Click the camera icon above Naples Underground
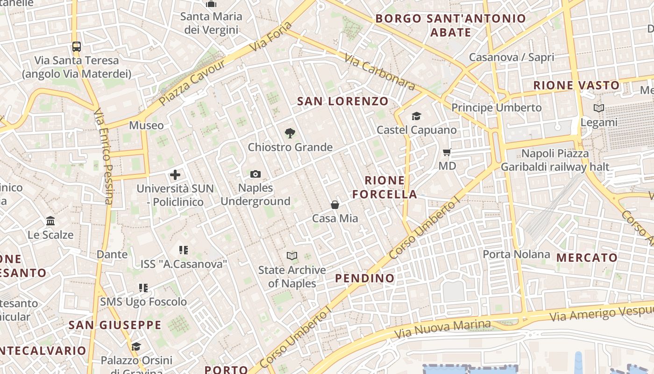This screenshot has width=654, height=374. click(255, 174)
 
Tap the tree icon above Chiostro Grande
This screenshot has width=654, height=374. click(290, 133)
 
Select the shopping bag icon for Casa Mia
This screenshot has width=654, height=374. click(335, 205)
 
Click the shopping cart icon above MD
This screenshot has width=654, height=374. click(447, 152)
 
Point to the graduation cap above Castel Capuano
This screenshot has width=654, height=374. click(416, 116)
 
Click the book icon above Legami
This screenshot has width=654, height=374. click(598, 108)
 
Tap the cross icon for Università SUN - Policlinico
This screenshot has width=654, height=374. click(175, 175)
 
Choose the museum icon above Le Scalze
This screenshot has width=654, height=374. click(50, 221)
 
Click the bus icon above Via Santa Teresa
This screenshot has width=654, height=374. click(77, 47)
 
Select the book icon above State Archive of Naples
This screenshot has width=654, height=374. click(292, 256)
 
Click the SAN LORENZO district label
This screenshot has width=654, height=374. click(343, 101)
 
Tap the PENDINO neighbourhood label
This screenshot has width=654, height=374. click(365, 278)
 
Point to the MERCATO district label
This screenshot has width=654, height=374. click(587, 258)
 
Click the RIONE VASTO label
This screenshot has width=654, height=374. click(576, 86)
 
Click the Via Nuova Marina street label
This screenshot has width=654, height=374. click(442, 329)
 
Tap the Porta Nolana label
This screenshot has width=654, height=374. click(516, 254)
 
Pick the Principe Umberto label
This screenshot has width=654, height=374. click(496, 108)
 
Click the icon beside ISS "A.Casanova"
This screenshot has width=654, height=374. click(184, 250)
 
